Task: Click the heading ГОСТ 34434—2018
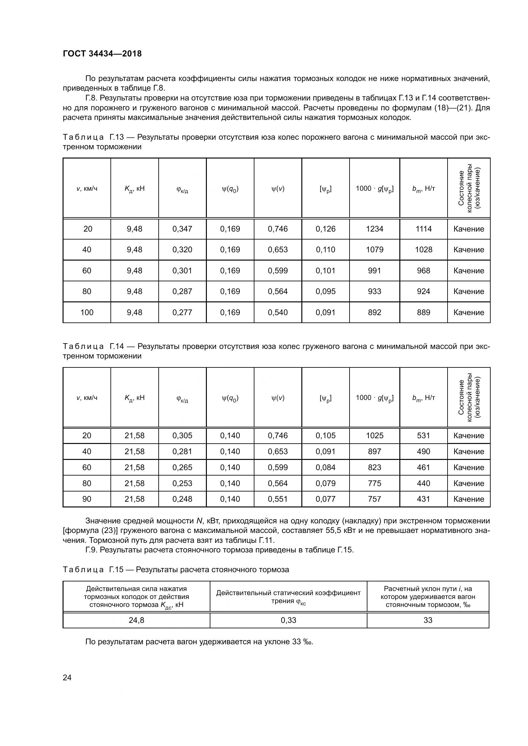(102, 54)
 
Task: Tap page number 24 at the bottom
(67, 677)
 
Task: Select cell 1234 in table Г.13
(374, 229)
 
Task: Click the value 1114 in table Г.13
(423, 229)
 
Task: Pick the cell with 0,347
(182, 229)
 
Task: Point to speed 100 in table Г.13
(87, 312)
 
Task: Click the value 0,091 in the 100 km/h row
(325, 312)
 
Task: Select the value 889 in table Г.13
(423, 312)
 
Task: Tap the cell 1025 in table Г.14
(374, 435)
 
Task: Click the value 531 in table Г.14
(423, 435)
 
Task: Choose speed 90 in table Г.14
(87, 499)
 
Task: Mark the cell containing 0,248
(182, 499)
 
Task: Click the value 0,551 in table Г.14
(278, 499)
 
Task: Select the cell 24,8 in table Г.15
(136, 620)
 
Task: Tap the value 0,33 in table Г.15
(288, 620)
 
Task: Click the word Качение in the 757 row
(469, 499)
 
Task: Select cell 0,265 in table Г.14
(182, 467)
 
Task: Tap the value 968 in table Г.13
(423, 271)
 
